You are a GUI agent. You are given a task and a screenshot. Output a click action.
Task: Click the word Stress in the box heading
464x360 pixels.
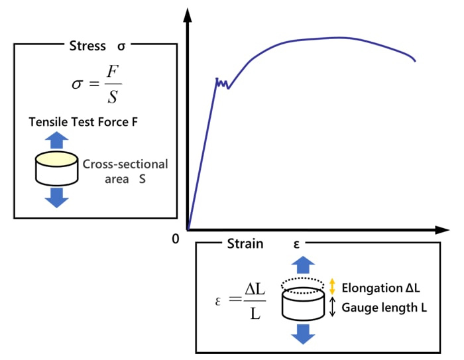pos(87,46)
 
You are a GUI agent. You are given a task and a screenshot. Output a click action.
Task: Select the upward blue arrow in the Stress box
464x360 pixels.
pos(57,140)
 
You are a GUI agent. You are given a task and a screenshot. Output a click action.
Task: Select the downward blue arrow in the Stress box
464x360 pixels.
pos(57,197)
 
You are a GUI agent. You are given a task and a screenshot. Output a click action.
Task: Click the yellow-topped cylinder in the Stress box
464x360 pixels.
pos(57,169)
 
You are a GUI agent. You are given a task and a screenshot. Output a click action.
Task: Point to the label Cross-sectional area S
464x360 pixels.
pos(125,170)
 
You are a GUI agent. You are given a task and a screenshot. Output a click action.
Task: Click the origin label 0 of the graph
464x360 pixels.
pos(175,239)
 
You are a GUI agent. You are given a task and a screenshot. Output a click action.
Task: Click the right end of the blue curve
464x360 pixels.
pos(415,61)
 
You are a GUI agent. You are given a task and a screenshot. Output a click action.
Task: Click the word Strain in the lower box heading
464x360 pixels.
pos(245,244)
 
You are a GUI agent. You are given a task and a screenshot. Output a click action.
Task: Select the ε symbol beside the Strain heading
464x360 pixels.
pos(296,244)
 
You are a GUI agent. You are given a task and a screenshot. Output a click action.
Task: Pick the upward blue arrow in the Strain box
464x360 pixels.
pos(304,265)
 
